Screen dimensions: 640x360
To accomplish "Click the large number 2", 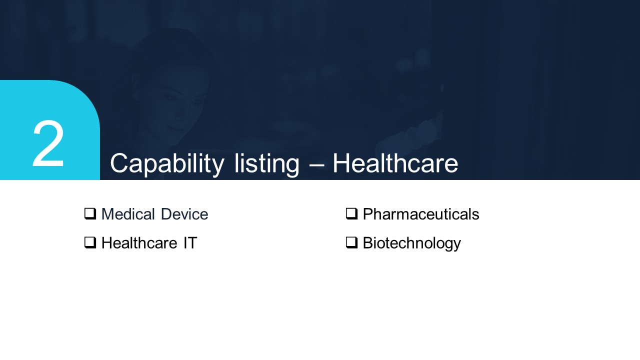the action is tap(48, 143).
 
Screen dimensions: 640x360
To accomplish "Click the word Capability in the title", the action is tap(167, 164).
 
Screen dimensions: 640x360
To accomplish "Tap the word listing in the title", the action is tap(266, 164).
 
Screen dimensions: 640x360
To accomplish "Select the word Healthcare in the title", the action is tap(395, 163).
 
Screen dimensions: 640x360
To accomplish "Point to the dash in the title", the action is tap(316, 165).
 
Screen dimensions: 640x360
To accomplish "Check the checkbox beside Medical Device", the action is tap(90, 213).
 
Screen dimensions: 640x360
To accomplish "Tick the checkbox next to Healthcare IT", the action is tap(90, 242).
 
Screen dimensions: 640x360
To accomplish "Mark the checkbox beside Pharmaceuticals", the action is tap(351, 213).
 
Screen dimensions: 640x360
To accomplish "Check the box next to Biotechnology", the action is tap(351, 242).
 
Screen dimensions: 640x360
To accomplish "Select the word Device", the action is tap(184, 214).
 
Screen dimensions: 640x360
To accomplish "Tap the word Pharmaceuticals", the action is tap(421, 214).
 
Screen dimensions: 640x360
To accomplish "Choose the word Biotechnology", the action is tap(411, 243).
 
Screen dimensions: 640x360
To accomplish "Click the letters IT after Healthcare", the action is tap(190, 243).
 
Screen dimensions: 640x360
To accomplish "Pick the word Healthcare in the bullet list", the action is tap(139, 243).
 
